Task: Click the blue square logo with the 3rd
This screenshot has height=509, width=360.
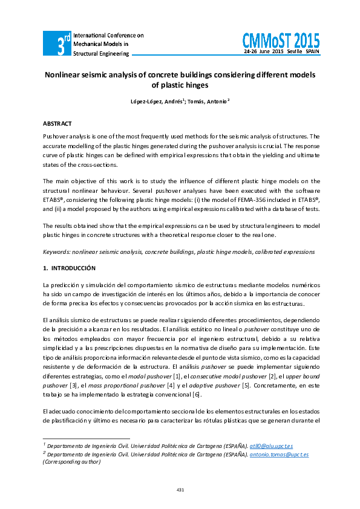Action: click(56, 44)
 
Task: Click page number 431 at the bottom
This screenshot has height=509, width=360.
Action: click(180, 489)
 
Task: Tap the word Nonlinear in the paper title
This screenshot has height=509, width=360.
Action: click(67, 76)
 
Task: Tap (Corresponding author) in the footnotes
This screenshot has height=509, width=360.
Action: click(71, 461)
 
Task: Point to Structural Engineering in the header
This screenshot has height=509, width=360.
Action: click(101, 54)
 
